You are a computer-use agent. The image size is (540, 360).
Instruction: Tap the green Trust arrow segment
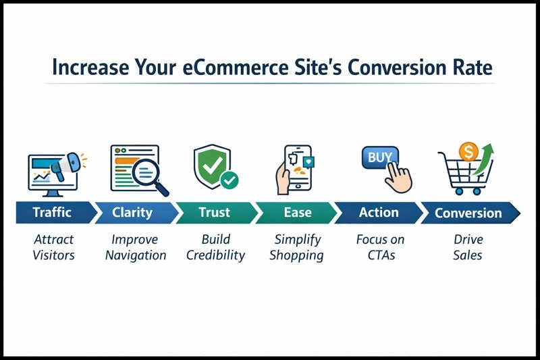215,213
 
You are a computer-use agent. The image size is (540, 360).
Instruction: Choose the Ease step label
297,213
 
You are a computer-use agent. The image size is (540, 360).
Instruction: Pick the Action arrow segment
378,213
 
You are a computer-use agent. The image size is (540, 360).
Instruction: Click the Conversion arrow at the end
467,213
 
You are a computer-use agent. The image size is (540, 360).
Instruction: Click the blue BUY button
379,157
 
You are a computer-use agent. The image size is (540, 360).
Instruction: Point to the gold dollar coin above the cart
468,151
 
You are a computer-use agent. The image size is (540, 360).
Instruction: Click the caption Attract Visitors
53,247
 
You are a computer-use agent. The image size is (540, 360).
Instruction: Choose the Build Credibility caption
215,247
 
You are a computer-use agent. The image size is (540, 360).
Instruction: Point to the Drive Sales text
467,247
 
